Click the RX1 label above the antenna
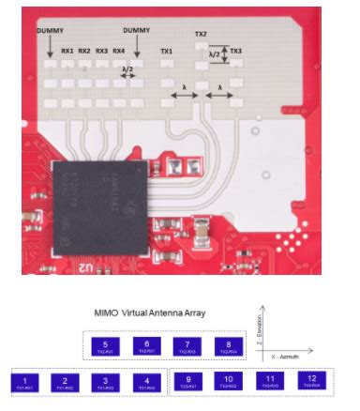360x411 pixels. click(67, 50)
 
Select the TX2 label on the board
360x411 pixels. click(201, 34)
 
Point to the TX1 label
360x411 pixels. click(167, 50)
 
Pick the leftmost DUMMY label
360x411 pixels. click(51, 31)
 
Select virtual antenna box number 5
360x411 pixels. click(106, 347)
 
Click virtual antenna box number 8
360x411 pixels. click(228, 347)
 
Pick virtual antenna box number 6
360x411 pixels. click(146, 347)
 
